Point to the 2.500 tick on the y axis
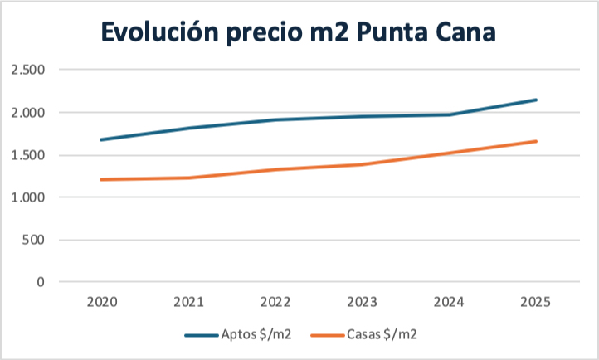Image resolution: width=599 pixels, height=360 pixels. pyautogui.click(x=29, y=70)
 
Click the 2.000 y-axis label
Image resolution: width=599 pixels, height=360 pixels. pyautogui.click(x=29, y=112)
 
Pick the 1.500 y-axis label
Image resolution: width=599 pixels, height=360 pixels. pyautogui.click(x=29, y=155)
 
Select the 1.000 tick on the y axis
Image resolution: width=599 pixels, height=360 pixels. pyautogui.click(x=29, y=197)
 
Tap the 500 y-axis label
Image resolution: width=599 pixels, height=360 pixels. pyautogui.click(x=34, y=240)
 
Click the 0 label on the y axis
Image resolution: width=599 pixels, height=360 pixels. pyautogui.click(x=41, y=282)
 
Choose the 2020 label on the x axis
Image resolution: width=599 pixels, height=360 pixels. pyautogui.click(x=102, y=303)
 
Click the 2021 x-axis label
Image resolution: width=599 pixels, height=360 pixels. pyautogui.click(x=188, y=303)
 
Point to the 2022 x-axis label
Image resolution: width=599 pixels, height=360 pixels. pyautogui.click(x=275, y=303)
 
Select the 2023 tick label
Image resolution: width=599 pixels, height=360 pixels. pyautogui.click(x=363, y=303)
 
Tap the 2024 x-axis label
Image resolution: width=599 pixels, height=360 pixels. pyautogui.click(x=450, y=303)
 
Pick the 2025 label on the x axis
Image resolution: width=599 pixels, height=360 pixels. pyautogui.click(x=536, y=303)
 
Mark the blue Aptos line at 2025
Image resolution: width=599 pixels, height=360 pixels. pyautogui.click(x=536, y=100)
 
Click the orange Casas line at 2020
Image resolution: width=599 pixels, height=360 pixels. pyautogui.click(x=102, y=179)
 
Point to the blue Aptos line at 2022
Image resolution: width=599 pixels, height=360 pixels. pyautogui.click(x=275, y=119)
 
